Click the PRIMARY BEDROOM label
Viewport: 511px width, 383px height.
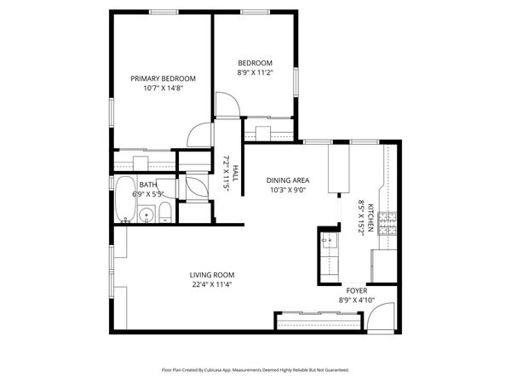(158, 78)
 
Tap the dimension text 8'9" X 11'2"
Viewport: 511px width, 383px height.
(255, 73)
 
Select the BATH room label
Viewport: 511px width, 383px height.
(148, 185)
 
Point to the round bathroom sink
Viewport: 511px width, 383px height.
(146, 215)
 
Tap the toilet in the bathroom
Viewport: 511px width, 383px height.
(164, 214)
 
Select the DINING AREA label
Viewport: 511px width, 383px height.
(288, 180)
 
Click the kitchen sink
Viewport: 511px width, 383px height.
(330, 247)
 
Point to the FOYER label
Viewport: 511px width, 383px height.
(356, 290)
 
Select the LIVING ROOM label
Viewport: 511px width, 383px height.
(211, 275)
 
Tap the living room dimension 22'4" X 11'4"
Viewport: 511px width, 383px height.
(211, 284)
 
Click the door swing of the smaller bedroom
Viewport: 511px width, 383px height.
(227, 106)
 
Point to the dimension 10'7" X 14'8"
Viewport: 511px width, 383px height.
(158, 88)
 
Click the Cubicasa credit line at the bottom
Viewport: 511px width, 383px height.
(255, 370)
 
